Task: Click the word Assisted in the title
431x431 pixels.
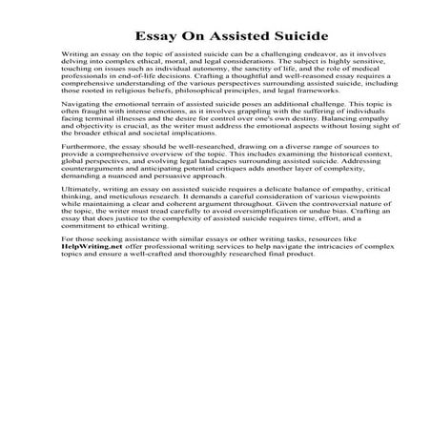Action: tap(215, 36)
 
